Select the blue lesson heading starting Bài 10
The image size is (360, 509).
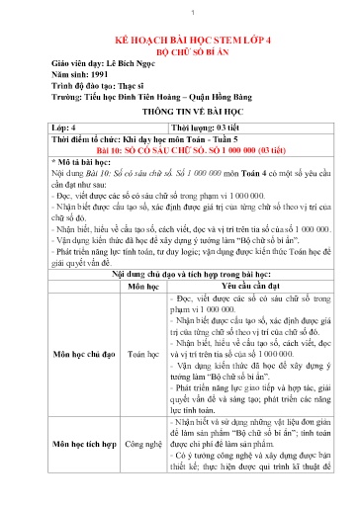[x=178, y=153]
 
